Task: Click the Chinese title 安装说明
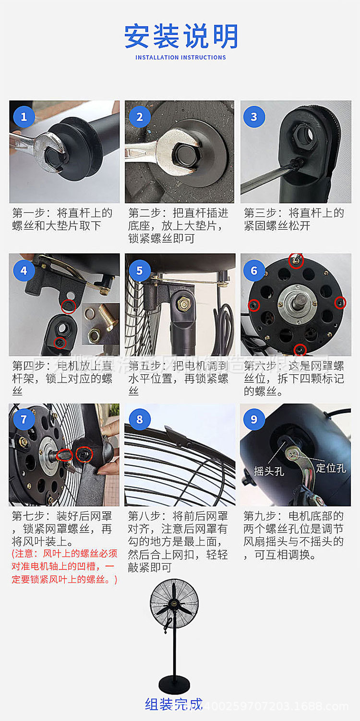pos(181,36)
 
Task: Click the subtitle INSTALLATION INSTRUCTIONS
pos(180,58)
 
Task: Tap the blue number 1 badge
pos(24,117)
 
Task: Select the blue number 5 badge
pos(139,271)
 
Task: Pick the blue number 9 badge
pos(254,419)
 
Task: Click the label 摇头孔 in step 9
pos(269,472)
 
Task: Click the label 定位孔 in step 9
pos(331,468)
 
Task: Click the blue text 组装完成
pos(174,704)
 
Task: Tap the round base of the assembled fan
pos(174,683)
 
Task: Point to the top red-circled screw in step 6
pos(296,261)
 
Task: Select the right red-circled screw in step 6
pos(340,303)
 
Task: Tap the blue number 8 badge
pos(139,419)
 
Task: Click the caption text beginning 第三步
pos(294,219)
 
